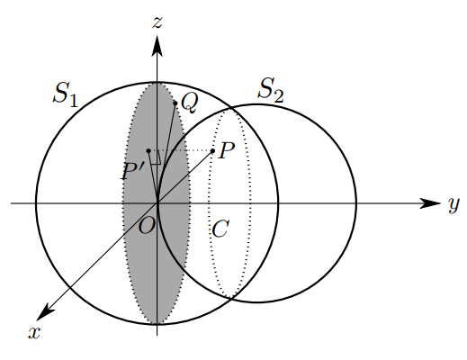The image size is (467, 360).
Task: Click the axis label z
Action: pos(157,22)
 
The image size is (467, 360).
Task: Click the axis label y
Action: pos(454,205)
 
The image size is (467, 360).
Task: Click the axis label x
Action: pos(34,332)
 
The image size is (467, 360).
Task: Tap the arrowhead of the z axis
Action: pos(157,46)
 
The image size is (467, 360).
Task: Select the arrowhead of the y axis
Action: pos(429,203)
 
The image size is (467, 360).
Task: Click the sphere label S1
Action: pos(66,94)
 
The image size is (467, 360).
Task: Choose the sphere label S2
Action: pos(271,89)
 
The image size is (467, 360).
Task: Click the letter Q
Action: pos(190,103)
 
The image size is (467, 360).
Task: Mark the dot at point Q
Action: pos(175,103)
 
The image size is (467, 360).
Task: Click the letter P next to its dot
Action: pos(227,150)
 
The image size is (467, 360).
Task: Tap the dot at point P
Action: pos(212,150)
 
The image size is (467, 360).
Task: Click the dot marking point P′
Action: pos(148,150)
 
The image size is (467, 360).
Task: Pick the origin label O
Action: pos(147,226)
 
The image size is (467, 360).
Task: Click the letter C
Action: pos(220,229)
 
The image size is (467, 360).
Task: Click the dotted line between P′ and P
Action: pos(181,150)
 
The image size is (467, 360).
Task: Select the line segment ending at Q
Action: pos(166,153)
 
